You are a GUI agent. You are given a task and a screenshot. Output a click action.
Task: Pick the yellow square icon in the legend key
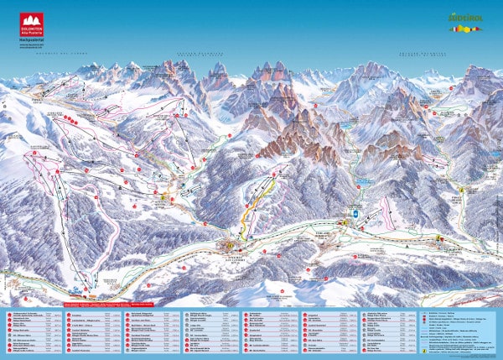[x=424, y=351]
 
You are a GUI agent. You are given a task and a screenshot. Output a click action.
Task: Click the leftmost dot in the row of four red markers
[x=66, y=120]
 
